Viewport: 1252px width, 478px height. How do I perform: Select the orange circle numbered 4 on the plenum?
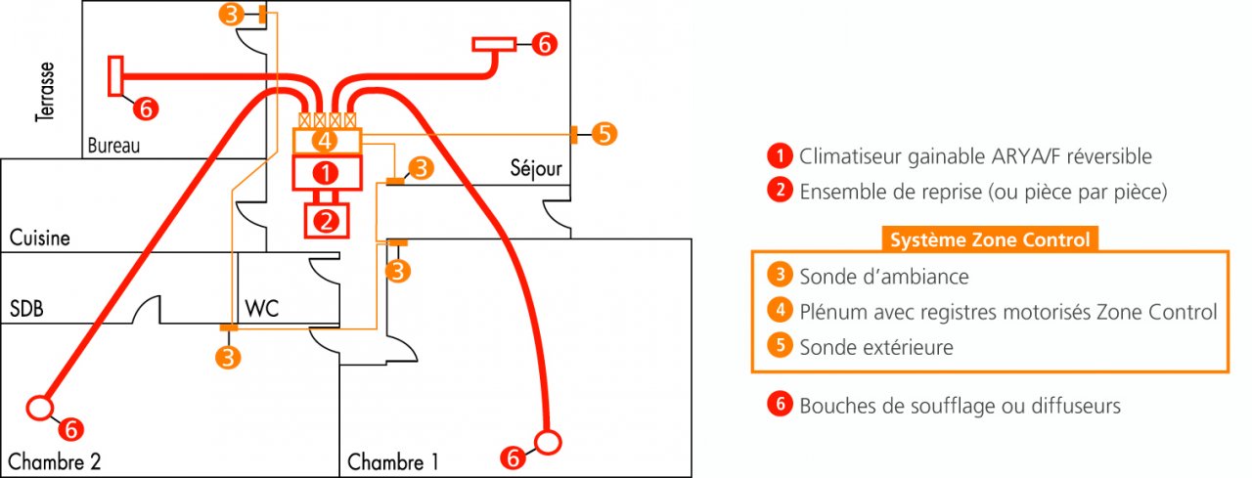328,141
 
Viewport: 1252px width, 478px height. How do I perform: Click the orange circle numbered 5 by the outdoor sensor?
604,134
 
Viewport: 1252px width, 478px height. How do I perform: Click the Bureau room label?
113,146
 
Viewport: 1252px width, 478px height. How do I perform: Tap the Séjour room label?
536,169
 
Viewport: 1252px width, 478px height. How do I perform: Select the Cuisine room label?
40,238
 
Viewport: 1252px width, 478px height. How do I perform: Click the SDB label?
27,309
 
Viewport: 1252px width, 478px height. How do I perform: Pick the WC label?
262,309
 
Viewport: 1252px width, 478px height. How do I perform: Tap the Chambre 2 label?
54,460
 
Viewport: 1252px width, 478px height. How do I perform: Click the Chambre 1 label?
393,461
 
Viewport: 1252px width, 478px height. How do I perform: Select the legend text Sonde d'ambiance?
883,277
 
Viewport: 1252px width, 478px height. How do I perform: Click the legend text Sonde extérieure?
875,347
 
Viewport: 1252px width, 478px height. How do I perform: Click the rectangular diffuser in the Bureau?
115,75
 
